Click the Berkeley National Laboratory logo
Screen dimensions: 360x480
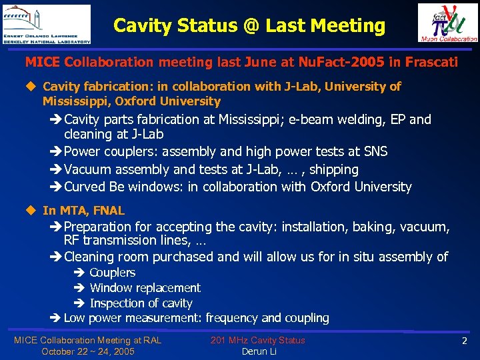46,24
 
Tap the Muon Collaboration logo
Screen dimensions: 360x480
447,23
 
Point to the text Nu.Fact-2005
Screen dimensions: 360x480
338,62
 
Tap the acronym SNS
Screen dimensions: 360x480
374,151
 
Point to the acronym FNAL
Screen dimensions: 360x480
109,211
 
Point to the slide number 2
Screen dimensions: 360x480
464,341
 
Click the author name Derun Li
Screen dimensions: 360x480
259,351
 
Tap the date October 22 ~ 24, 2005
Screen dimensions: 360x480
87,351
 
